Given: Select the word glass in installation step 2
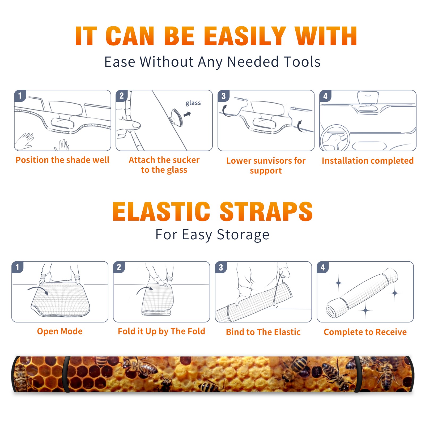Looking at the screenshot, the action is tap(193, 103).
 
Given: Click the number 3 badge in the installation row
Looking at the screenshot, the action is tap(223, 96).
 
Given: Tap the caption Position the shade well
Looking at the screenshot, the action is tap(62, 160).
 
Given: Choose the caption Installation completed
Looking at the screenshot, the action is tap(368, 161).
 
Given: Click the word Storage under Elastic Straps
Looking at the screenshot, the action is tap(243, 235).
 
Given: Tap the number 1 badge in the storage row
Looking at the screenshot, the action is tap(18, 267).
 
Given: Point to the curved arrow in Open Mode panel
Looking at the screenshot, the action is tap(38, 290).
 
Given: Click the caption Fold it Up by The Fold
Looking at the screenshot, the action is tap(161, 331).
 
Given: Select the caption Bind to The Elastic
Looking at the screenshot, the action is tap(263, 332).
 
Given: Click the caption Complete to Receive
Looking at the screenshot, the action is tap(365, 332).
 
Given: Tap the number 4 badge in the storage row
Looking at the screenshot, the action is tap(323, 267).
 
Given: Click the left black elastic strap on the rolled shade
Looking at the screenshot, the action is tap(66, 374).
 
